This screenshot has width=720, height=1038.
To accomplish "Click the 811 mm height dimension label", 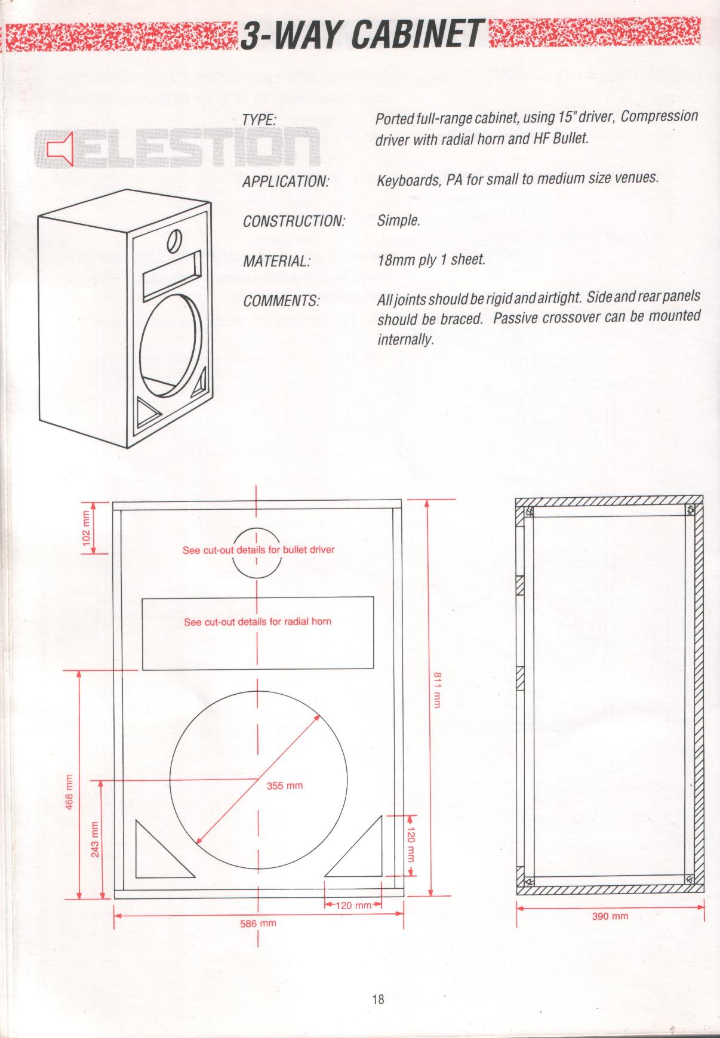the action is [436, 690].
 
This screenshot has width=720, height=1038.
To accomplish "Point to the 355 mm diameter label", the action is [285, 786].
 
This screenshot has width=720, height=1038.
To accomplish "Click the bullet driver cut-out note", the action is [259, 550].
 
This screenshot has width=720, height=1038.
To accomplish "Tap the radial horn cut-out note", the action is [257, 621].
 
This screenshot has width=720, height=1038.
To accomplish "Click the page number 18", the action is [378, 999].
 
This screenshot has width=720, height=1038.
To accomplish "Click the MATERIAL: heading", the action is [277, 261].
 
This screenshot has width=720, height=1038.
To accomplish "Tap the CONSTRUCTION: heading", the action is [294, 221].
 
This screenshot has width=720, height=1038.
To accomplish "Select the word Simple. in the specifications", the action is [399, 221].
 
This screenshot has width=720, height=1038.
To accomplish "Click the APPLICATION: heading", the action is [286, 181].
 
